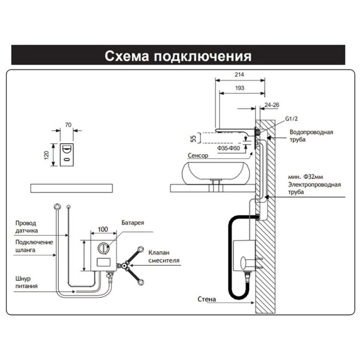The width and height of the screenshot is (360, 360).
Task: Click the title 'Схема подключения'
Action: pos(178,56)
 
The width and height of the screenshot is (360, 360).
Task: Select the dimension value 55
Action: pos(193,139)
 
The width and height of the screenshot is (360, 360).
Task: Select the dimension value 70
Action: pos(68,125)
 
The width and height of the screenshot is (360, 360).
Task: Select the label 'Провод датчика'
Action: pos(28,226)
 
